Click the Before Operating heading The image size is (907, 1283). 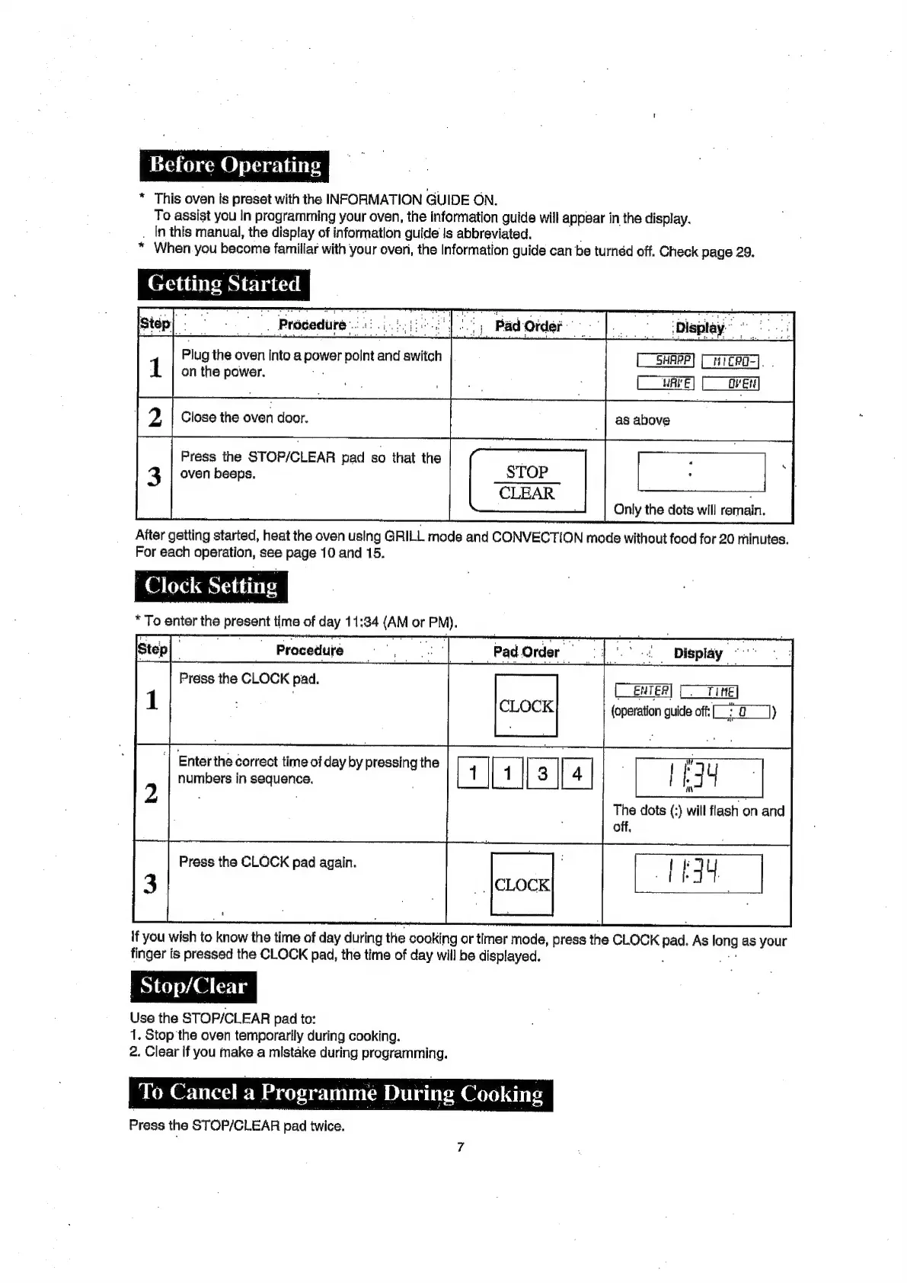[x=235, y=165]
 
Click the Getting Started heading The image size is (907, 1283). [x=224, y=284]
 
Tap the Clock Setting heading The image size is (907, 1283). [x=211, y=586]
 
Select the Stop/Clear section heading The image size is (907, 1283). [x=193, y=987]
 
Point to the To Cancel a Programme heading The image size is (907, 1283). [x=340, y=1093]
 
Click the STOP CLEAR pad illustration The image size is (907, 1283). [x=527, y=482]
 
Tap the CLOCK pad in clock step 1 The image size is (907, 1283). [x=526, y=705]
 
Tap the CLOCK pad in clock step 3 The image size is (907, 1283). [x=522, y=884]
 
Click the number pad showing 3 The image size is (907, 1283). [x=542, y=774]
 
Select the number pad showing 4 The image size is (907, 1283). [x=576, y=774]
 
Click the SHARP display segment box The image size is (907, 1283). [x=665, y=360]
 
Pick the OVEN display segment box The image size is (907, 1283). [x=730, y=383]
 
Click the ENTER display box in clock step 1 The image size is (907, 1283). [x=644, y=691]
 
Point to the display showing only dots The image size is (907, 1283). [x=701, y=472]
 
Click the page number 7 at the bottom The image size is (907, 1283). [x=460, y=1147]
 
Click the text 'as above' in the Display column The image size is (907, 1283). [x=642, y=420]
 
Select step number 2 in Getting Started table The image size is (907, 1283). [x=155, y=418]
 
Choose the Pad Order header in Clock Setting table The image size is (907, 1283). [x=525, y=652]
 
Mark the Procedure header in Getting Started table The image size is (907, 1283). [x=311, y=325]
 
